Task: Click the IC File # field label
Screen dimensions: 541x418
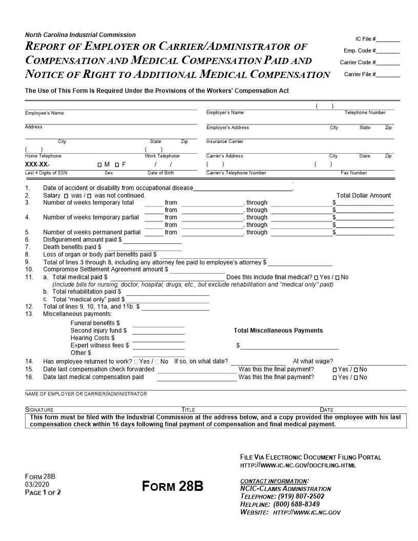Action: pos(365,39)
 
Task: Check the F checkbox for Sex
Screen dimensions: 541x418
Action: pos(117,164)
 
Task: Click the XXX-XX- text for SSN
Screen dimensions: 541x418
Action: pos(37,164)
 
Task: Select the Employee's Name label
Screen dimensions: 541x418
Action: pos(45,113)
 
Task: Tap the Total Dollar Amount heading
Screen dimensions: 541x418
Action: pos(363,196)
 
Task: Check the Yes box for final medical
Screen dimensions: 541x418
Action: pos(316,278)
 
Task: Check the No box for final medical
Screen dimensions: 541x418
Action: pos(338,278)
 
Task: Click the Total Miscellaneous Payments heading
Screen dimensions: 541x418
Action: pos(278,330)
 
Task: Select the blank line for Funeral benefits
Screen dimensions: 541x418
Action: pos(158,324)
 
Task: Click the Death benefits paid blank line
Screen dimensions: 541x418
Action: pos(144,247)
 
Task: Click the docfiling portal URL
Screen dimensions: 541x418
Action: pos(298,465)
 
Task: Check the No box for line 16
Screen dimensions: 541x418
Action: pos(356,378)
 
